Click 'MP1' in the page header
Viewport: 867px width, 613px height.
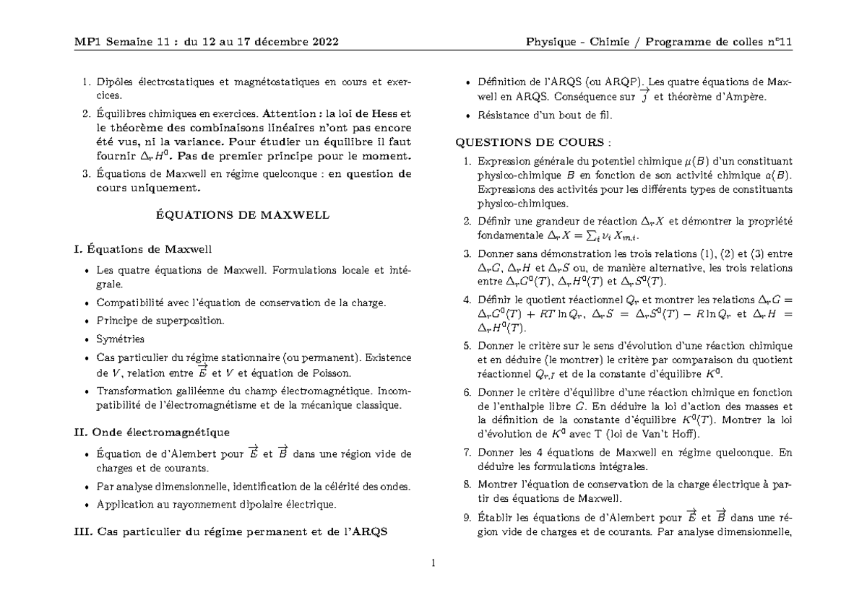[88, 41]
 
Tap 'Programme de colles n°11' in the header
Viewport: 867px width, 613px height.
[719, 41]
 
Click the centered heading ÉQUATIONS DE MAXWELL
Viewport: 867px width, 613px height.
[243, 214]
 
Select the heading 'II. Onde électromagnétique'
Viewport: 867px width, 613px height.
[152, 432]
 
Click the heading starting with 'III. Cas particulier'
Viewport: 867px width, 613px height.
[230, 532]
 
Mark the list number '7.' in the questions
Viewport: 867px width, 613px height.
[467, 453]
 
